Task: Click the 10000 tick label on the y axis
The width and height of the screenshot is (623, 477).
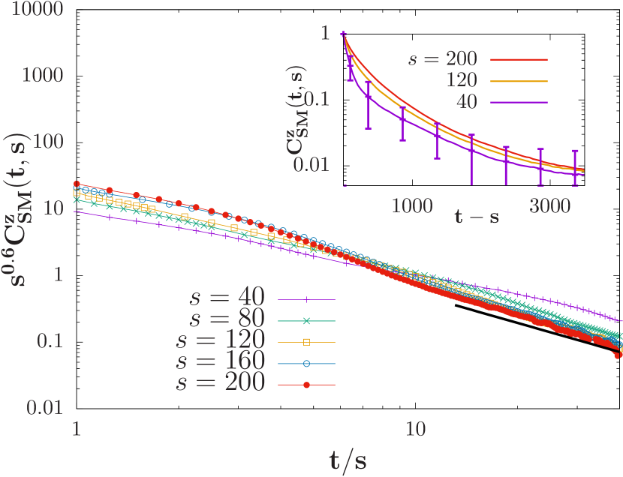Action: coord(33,10)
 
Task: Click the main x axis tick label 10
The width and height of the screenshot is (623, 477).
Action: coord(415,429)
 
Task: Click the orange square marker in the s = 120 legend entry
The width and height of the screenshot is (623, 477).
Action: coord(306,341)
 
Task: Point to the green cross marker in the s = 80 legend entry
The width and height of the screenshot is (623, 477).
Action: coord(306,320)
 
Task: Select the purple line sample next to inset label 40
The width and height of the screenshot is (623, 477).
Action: coord(519,102)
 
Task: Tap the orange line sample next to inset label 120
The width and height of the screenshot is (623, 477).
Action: coord(519,80)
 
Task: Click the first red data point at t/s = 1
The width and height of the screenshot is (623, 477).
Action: coord(77,184)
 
